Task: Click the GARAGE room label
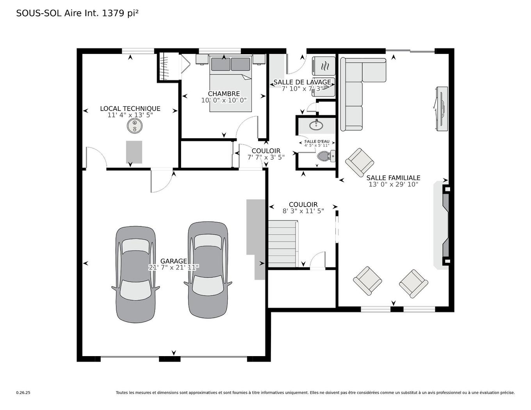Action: click(174, 261)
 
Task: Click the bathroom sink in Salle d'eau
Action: click(316, 125)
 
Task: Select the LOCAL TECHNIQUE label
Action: click(130, 109)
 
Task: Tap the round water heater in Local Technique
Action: click(134, 126)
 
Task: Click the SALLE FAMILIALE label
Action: click(393, 178)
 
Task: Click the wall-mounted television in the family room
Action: click(441, 109)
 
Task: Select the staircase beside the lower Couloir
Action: click(282, 244)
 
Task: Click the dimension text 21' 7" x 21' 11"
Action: click(174, 267)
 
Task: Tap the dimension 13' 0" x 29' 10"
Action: click(393, 184)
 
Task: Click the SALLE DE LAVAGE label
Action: click(302, 82)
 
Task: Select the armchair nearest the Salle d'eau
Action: click(359, 162)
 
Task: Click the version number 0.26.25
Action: click(23, 393)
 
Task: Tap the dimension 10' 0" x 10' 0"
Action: click(224, 100)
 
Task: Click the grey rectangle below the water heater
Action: click(134, 152)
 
